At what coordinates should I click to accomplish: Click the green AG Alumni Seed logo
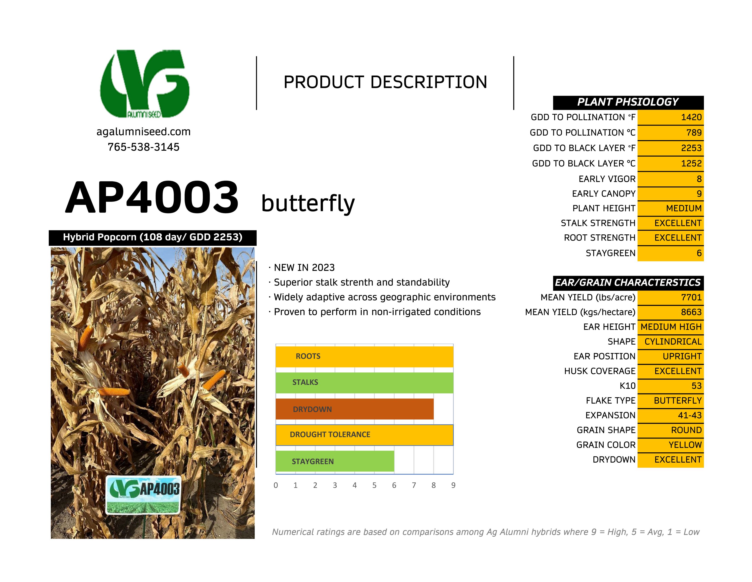(145, 84)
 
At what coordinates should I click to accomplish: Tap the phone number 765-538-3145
(143, 147)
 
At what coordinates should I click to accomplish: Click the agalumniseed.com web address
(143, 132)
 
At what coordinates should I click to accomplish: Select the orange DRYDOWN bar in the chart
(354, 409)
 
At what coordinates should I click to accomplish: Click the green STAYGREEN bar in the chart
(335, 461)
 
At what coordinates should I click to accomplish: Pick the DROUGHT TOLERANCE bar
(364, 435)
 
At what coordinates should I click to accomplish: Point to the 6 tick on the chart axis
(394, 485)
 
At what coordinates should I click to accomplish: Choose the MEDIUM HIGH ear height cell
(670, 327)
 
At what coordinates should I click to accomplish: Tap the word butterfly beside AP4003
(308, 203)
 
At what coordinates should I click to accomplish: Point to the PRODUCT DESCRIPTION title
(385, 82)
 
